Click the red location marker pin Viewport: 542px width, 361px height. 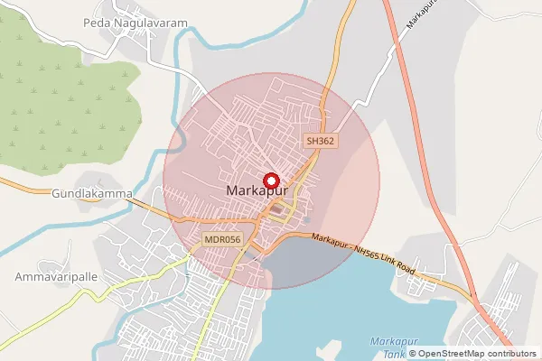(x=271, y=180)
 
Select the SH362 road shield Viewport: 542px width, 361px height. (x=320, y=142)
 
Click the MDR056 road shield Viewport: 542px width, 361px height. (x=222, y=239)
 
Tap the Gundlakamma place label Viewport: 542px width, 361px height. (x=92, y=193)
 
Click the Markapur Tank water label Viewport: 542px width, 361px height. (x=391, y=347)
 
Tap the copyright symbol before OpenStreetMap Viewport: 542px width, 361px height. (x=413, y=353)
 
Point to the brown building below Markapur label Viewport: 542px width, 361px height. (x=276, y=209)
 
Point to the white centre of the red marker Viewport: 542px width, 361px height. (x=271, y=180)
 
